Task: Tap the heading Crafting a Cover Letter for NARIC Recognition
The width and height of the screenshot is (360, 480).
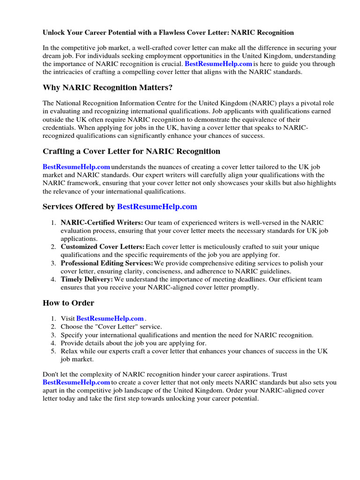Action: [131, 151]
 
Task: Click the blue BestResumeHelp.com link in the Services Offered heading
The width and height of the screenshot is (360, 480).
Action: [157, 207]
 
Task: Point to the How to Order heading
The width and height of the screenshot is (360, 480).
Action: [68, 303]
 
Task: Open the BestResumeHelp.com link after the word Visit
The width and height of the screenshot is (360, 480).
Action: [110, 319]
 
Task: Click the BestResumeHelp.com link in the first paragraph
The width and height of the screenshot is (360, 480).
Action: [218, 64]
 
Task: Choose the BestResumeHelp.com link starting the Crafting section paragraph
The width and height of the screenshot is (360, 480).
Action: [76, 167]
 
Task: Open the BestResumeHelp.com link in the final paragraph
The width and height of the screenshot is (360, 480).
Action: [76, 382]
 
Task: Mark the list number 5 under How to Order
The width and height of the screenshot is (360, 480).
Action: [53, 351]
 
